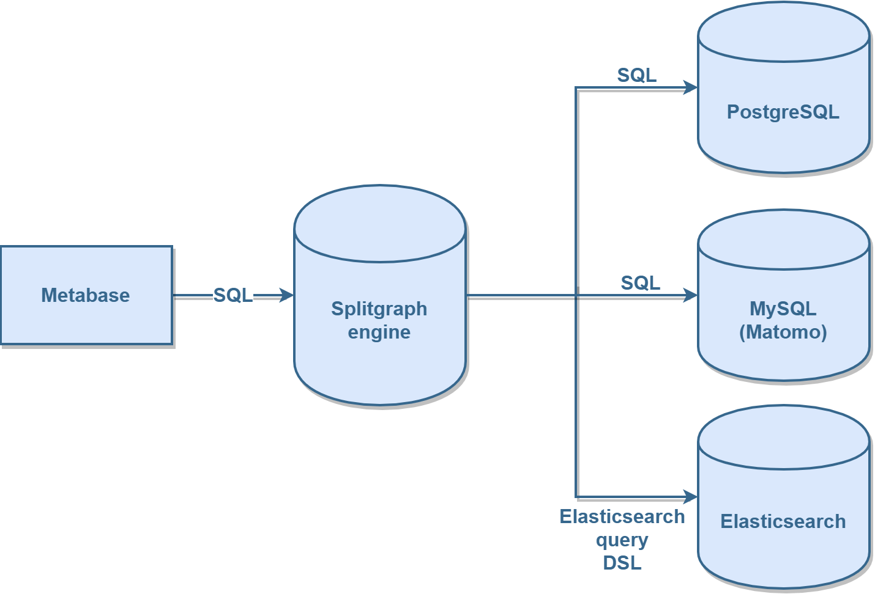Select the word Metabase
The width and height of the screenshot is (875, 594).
[x=86, y=295]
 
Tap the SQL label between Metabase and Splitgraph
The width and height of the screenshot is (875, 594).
[x=233, y=295]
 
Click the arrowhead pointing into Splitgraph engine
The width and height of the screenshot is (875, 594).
[x=286, y=295]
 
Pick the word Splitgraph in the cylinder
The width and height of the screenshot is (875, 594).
[x=379, y=309]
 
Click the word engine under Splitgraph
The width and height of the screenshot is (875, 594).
[x=379, y=332]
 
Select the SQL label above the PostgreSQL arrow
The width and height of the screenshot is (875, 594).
[x=636, y=75]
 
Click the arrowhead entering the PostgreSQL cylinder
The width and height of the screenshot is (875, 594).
[x=690, y=87]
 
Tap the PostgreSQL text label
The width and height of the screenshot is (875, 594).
[x=783, y=112]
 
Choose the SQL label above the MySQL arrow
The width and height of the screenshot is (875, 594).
[x=640, y=283]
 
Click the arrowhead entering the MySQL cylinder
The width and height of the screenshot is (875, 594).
[x=690, y=295]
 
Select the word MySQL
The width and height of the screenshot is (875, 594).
[x=783, y=309]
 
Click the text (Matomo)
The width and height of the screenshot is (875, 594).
[x=783, y=332]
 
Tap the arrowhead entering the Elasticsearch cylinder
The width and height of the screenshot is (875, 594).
[x=690, y=497]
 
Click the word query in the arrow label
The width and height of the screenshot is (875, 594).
[x=622, y=540]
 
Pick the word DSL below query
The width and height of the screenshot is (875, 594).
[x=622, y=563]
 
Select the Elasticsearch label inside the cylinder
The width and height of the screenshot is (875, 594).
[x=783, y=521]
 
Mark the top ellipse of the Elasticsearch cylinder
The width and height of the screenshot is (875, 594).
[x=783, y=438]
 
